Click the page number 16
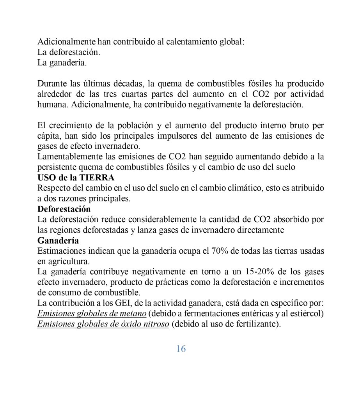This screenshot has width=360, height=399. [x=181, y=349]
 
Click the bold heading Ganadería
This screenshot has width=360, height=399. [x=58, y=240]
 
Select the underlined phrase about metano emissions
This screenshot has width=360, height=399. [x=92, y=313]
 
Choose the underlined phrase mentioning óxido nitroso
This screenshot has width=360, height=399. [x=103, y=323]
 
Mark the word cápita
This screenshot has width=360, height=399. [x=48, y=136]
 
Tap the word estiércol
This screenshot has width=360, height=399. [x=305, y=313]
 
